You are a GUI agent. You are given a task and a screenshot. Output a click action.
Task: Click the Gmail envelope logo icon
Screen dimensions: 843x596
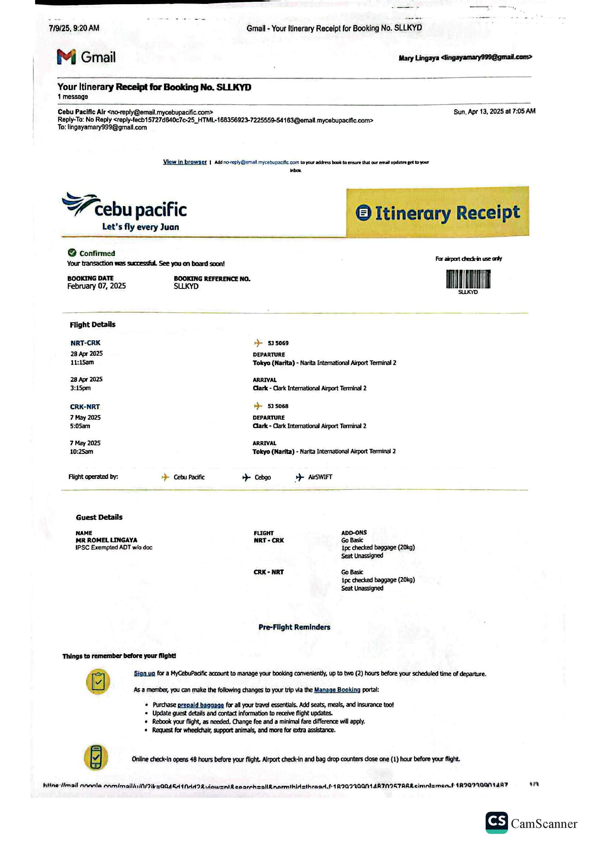pos(66,57)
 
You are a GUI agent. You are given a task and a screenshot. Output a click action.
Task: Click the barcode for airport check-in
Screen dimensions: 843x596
pos(468,279)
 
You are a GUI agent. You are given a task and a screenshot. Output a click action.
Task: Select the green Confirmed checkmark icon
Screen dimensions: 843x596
pos(72,253)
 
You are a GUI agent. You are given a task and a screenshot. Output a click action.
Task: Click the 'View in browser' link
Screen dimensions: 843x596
pos(185,162)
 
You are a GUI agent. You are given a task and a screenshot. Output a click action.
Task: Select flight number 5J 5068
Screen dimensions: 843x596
pos(278,406)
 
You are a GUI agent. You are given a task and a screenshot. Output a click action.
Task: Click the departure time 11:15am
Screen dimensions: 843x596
pos(82,362)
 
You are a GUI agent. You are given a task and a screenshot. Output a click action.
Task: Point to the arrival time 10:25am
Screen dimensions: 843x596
pos(81,452)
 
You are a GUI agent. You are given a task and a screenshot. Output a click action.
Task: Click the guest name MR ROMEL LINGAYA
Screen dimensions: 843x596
pos(107,540)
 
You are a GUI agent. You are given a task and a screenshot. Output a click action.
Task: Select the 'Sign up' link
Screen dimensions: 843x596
pos(144,673)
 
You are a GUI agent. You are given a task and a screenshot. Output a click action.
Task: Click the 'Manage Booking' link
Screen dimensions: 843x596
pos(337,690)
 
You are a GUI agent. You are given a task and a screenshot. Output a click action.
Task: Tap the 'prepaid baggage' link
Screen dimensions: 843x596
pos(201,705)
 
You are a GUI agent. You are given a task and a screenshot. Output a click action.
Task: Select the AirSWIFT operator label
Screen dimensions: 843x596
pos(320,477)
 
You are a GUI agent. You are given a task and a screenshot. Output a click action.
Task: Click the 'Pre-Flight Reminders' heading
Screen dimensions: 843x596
pos(294,627)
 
